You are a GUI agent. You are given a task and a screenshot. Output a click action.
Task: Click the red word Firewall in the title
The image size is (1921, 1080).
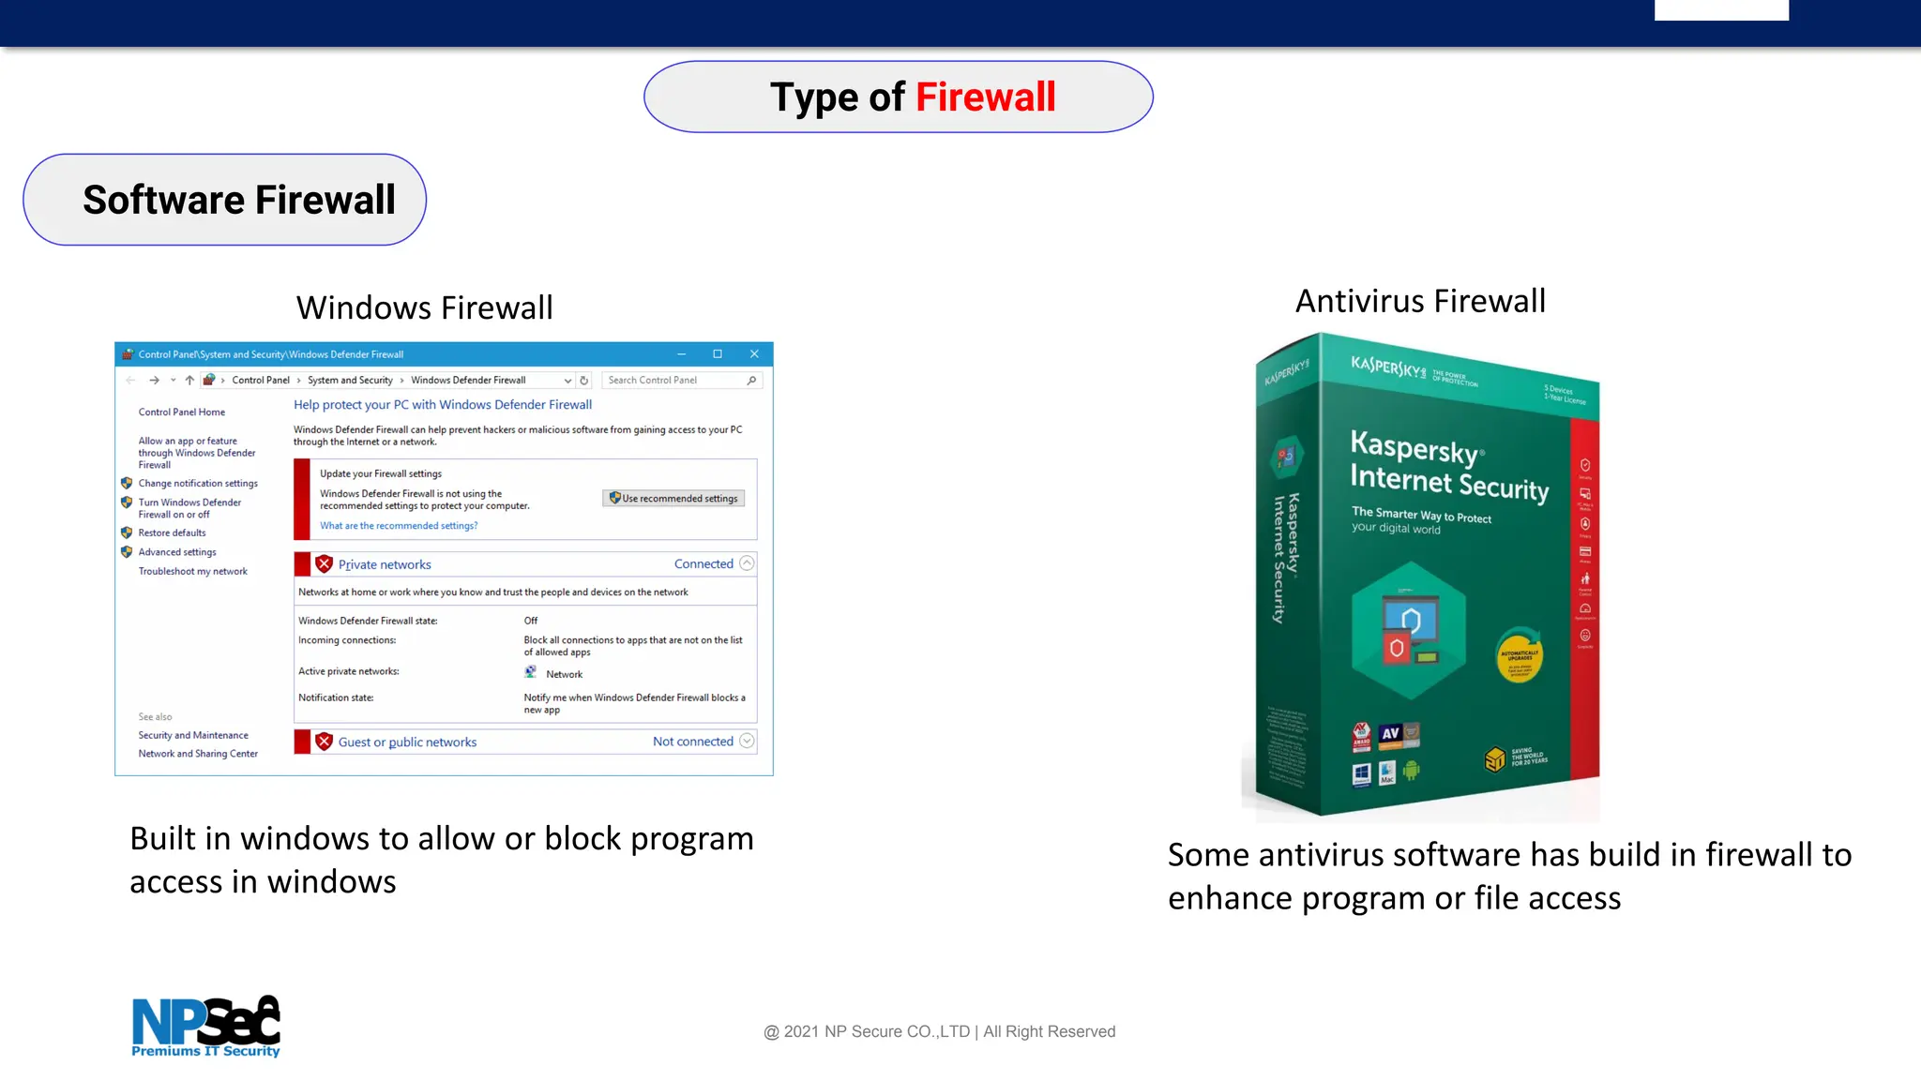(985, 97)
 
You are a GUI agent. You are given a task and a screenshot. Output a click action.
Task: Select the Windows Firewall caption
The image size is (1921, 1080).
(424, 307)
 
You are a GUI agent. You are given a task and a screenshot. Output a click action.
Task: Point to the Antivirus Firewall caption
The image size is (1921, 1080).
(1420, 301)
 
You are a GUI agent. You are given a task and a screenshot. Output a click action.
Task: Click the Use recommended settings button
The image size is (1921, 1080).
(673, 499)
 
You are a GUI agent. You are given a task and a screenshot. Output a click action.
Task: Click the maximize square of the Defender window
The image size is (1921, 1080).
(718, 354)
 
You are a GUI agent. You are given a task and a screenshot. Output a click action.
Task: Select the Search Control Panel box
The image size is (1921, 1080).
(675, 381)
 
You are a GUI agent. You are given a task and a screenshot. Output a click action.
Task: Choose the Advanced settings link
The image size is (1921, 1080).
(177, 552)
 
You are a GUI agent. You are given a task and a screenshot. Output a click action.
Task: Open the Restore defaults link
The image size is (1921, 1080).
(172, 532)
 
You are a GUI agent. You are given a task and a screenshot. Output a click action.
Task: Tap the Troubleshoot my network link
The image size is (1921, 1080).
(193, 571)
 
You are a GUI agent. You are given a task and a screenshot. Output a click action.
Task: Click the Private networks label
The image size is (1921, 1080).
(385, 564)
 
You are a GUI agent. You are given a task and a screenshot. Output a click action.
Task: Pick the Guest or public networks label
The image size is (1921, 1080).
(407, 742)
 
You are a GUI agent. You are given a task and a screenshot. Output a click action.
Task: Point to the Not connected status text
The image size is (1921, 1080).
(693, 742)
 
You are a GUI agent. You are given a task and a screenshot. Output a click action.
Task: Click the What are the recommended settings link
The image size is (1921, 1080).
(399, 526)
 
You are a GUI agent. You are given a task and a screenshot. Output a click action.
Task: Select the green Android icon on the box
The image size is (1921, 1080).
(1411, 771)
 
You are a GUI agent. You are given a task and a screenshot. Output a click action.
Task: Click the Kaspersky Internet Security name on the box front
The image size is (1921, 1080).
(1448, 466)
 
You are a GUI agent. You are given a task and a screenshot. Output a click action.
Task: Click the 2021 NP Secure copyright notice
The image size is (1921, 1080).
(940, 1031)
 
